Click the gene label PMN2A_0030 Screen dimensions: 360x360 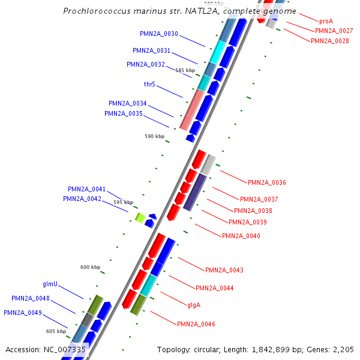point(158,34)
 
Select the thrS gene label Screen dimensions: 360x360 point(149,85)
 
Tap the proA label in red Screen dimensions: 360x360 point(326,21)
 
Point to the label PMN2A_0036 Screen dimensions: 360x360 point(266,182)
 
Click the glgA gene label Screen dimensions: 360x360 point(193,305)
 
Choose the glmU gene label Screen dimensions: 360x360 point(50,284)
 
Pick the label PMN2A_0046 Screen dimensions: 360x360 point(196,324)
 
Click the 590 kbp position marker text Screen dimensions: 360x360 point(154,136)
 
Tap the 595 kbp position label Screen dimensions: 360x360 point(123,202)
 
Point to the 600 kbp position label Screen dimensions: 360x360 point(90,267)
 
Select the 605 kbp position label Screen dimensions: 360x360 point(56,331)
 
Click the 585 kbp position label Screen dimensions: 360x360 point(185,70)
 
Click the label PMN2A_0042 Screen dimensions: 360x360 point(82,199)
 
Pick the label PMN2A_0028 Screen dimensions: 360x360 point(329,41)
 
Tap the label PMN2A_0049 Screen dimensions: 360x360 point(23,313)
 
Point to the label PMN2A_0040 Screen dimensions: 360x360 point(241,236)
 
